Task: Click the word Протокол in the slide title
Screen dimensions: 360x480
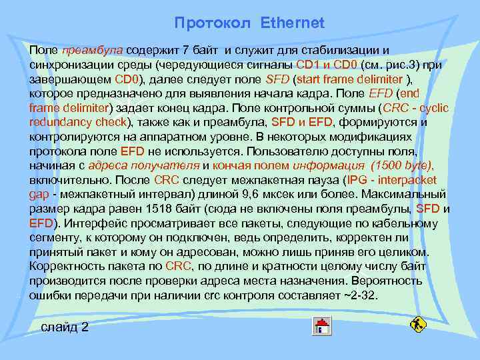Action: point(212,23)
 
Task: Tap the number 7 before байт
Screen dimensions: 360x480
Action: point(186,50)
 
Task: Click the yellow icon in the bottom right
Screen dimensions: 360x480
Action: point(418,325)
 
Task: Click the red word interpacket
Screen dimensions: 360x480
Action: point(406,180)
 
